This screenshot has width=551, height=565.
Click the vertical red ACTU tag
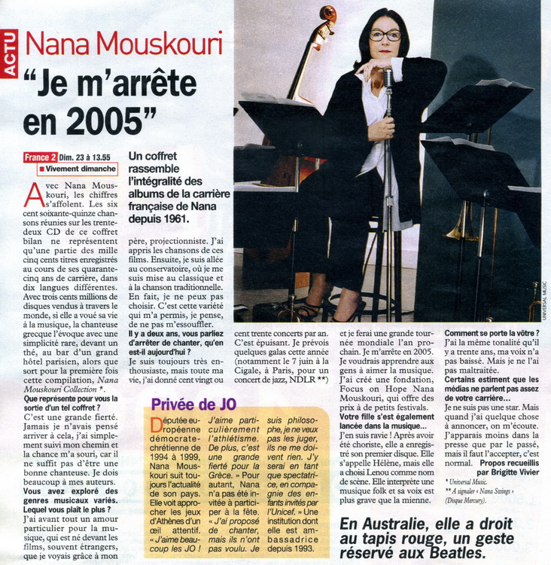click(x=11, y=53)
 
